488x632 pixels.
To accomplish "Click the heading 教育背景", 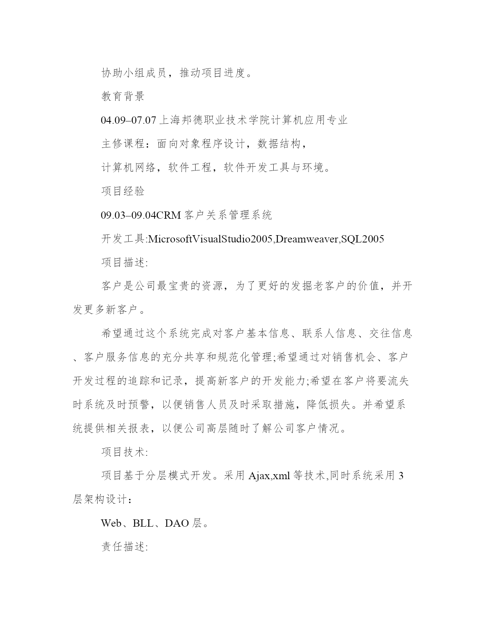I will coord(123,96).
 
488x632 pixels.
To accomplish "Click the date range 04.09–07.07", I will coord(129,120).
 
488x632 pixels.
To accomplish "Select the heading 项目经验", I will coord(123,191).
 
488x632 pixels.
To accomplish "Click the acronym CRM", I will coord(169,215).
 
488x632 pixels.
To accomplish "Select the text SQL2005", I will coord(362,239).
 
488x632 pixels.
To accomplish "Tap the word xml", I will coord(281,476).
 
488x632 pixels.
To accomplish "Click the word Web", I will coord(111,523).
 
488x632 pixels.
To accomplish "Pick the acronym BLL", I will coord(143,523).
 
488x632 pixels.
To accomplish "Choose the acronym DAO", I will coord(177,523).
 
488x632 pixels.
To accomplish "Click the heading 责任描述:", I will coord(124,547).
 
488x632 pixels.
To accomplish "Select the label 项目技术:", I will coord(124,452).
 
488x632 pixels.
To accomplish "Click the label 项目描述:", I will coord(124,263).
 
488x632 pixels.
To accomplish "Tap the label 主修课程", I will coord(123,144).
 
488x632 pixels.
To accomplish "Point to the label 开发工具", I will coord(123,239).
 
